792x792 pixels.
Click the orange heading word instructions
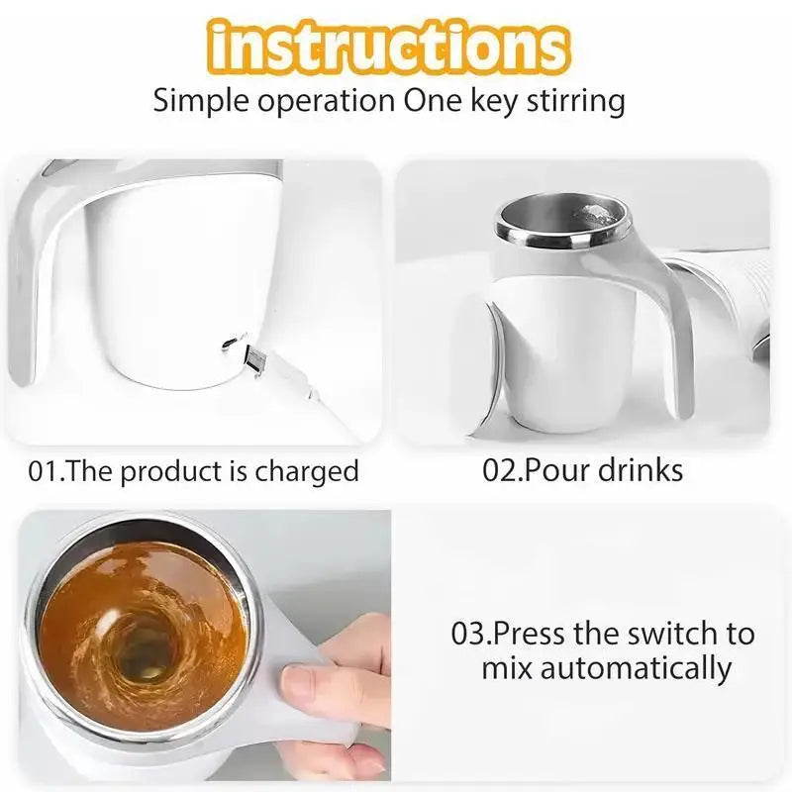[x=389, y=47]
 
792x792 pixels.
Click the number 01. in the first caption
[x=47, y=470]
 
